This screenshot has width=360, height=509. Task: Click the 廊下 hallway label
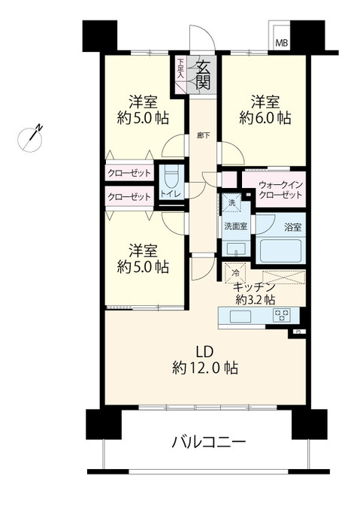pos(203,135)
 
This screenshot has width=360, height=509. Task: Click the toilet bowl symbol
pos(170,177)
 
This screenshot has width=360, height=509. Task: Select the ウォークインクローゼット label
pos(280,189)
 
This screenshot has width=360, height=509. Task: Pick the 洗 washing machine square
pos(231,203)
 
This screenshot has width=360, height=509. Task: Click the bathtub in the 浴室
pos(280,250)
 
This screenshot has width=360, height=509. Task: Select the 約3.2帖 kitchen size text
pos(255,299)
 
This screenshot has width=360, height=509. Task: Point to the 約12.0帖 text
pos(205,368)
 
